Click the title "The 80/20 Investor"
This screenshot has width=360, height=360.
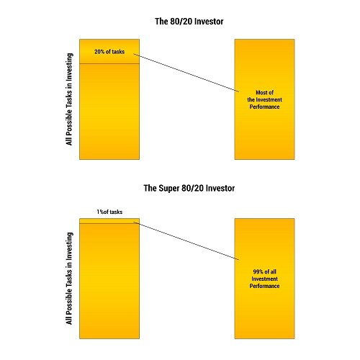pyautogui.click(x=189, y=22)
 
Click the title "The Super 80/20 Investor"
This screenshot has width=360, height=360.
pyautogui.click(x=189, y=188)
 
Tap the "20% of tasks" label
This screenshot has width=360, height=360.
pyautogui.click(x=109, y=52)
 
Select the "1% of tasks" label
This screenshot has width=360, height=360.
pyautogui.click(x=109, y=212)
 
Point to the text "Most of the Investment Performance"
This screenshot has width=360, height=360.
pyautogui.click(x=264, y=99)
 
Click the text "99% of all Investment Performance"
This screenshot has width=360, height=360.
pyautogui.click(x=264, y=279)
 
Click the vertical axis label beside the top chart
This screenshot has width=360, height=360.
pyautogui.click(x=69, y=99)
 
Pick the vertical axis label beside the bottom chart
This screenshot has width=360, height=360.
pyautogui.click(x=69, y=279)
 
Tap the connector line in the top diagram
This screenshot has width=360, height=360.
pyautogui.click(x=186, y=73)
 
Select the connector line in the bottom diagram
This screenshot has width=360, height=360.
pyautogui.click(x=186, y=240)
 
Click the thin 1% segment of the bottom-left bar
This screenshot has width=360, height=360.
pyautogui.click(x=109, y=221)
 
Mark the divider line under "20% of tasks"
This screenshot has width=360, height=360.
pyautogui.click(x=109, y=64)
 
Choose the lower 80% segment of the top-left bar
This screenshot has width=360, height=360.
pyautogui.click(x=109, y=112)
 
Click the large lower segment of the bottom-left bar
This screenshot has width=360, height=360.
pyautogui.click(x=109, y=281)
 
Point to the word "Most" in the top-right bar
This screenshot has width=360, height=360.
pyautogui.click(x=261, y=92)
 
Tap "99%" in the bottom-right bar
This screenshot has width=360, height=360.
pyautogui.click(x=258, y=271)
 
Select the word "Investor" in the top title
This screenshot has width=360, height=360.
pyautogui.click(x=209, y=22)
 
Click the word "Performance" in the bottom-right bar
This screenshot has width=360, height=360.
pyautogui.click(x=264, y=286)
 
